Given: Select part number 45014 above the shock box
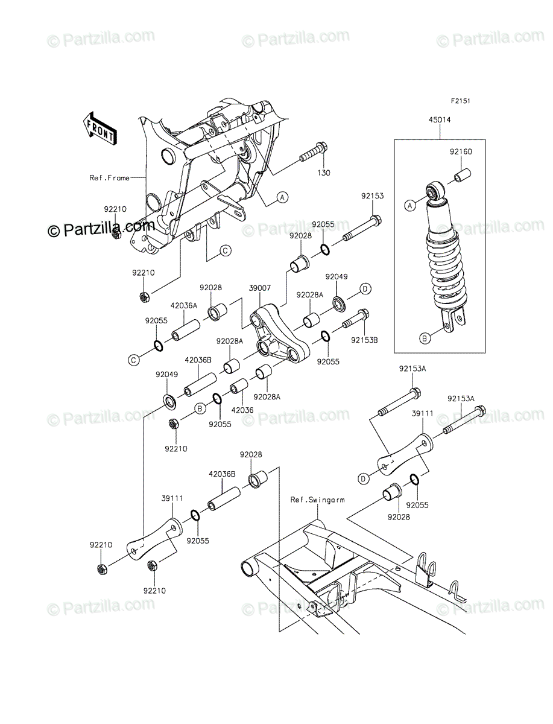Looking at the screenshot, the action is (x=440, y=120).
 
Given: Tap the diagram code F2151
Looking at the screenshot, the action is (x=460, y=101).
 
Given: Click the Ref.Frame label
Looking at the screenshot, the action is (x=109, y=178).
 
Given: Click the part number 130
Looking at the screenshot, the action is (x=323, y=173).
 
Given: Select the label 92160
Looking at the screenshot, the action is (x=461, y=151).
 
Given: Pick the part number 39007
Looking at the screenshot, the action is (x=260, y=288).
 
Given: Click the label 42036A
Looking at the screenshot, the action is (x=184, y=306).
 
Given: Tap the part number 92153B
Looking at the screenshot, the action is (x=364, y=340).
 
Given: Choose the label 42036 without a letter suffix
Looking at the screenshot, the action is (x=242, y=410).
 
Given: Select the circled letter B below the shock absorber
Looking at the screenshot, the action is (x=425, y=338).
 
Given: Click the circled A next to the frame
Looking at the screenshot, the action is (x=282, y=197).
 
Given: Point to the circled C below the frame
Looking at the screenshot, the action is (x=225, y=250).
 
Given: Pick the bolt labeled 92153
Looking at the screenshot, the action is (x=362, y=228).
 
